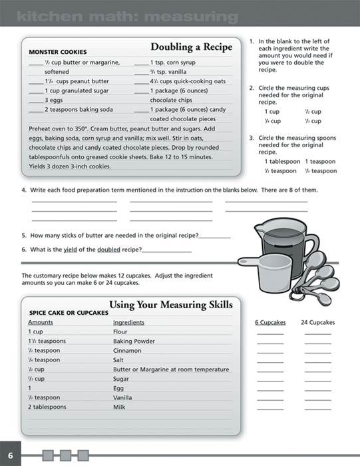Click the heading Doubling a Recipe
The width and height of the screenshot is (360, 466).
pyautogui.click(x=191, y=47)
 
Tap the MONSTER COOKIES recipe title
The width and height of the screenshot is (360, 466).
pyautogui.click(x=57, y=52)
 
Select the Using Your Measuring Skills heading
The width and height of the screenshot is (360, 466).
pyautogui.click(x=170, y=304)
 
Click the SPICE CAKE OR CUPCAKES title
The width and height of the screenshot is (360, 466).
pyautogui.click(x=69, y=312)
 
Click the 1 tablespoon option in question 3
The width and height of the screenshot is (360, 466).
pyautogui.click(x=282, y=161)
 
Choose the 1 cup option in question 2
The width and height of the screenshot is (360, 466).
pyautogui.click(x=271, y=112)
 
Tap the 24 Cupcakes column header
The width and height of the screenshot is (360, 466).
pyautogui.click(x=317, y=322)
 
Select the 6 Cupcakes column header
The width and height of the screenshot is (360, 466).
pyautogui.click(x=270, y=322)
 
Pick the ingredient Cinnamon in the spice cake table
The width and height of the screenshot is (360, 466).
pyautogui.click(x=126, y=350)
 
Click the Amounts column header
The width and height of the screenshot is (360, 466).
pyautogui.click(x=41, y=322)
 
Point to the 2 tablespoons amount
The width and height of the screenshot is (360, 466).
pyautogui.click(x=47, y=407)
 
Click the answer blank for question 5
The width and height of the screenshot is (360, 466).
pyautogui.click(x=214, y=236)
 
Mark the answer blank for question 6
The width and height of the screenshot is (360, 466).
pyautogui.click(x=166, y=250)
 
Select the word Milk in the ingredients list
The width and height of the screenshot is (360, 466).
pyautogui.click(x=119, y=407)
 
